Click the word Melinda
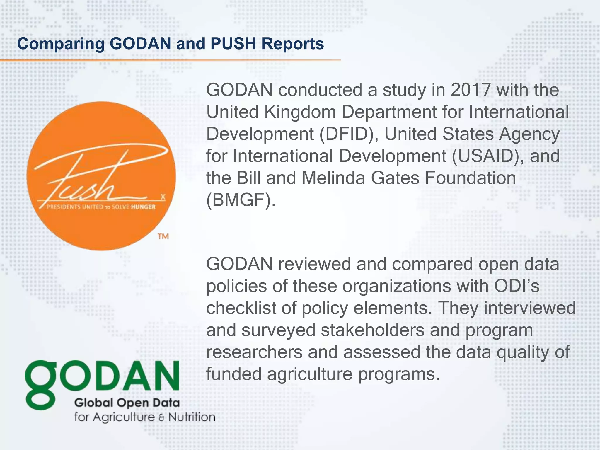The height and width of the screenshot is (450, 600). click(x=333, y=178)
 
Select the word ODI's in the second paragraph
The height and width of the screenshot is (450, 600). click(x=517, y=286)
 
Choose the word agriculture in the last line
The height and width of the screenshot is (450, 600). click(x=309, y=374)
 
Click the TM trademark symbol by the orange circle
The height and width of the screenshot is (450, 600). click(x=163, y=236)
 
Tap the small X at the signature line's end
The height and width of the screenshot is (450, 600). click(x=163, y=197)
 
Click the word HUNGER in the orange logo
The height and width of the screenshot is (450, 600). click(x=143, y=207)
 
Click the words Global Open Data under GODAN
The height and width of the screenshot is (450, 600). click(x=127, y=403)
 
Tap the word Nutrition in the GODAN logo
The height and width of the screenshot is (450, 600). click(x=192, y=417)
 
